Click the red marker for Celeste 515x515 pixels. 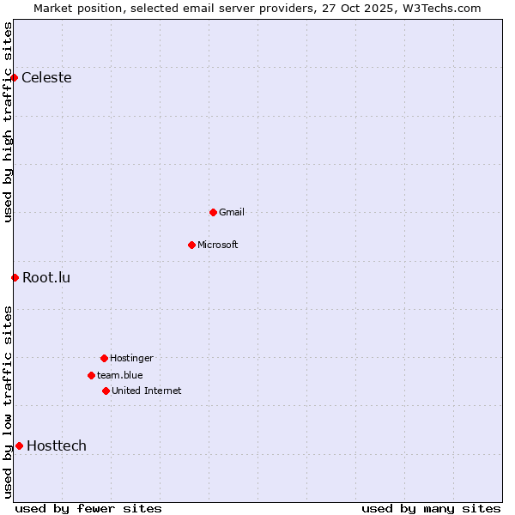pyautogui.click(x=14, y=77)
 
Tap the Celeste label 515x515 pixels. pyautogui.click(x=46, y=78)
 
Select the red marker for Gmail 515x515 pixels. pyautogui.click(x=213, y=212)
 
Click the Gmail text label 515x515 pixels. pyautogui.click(x=232, y=213)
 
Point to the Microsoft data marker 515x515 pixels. pyautogui.click(x=191, y=245)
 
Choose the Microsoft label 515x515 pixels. pyautogui.click(x=218, y=245)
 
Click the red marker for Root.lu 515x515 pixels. pyautogui.click(x=15, y=277)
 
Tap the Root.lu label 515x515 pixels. pyautogui.click(x=46, y=278)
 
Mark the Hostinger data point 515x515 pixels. pyautogui.click(x=104, y=358)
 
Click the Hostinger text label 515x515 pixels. pyautogui.click(x=131, y=359)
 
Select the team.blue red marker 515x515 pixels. pyautogui.click(x=91, y=375)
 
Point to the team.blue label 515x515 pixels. pyautogui.click(x=120, y=376)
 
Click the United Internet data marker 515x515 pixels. pyautogui.click(x=106, y=391)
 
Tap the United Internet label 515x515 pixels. pyautogui.click(x=147, y=391)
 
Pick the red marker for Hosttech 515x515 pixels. pyautogui.click(x=19, y=445)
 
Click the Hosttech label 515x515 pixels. pyautogui.click(x=57, y=446)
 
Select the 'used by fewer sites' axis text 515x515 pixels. pyautogui.click(x=88, y=509)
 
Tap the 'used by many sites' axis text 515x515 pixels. pyautogui.click(x=431, y=509)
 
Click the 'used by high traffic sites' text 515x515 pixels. pyautogui.click(x=8, y=122)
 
